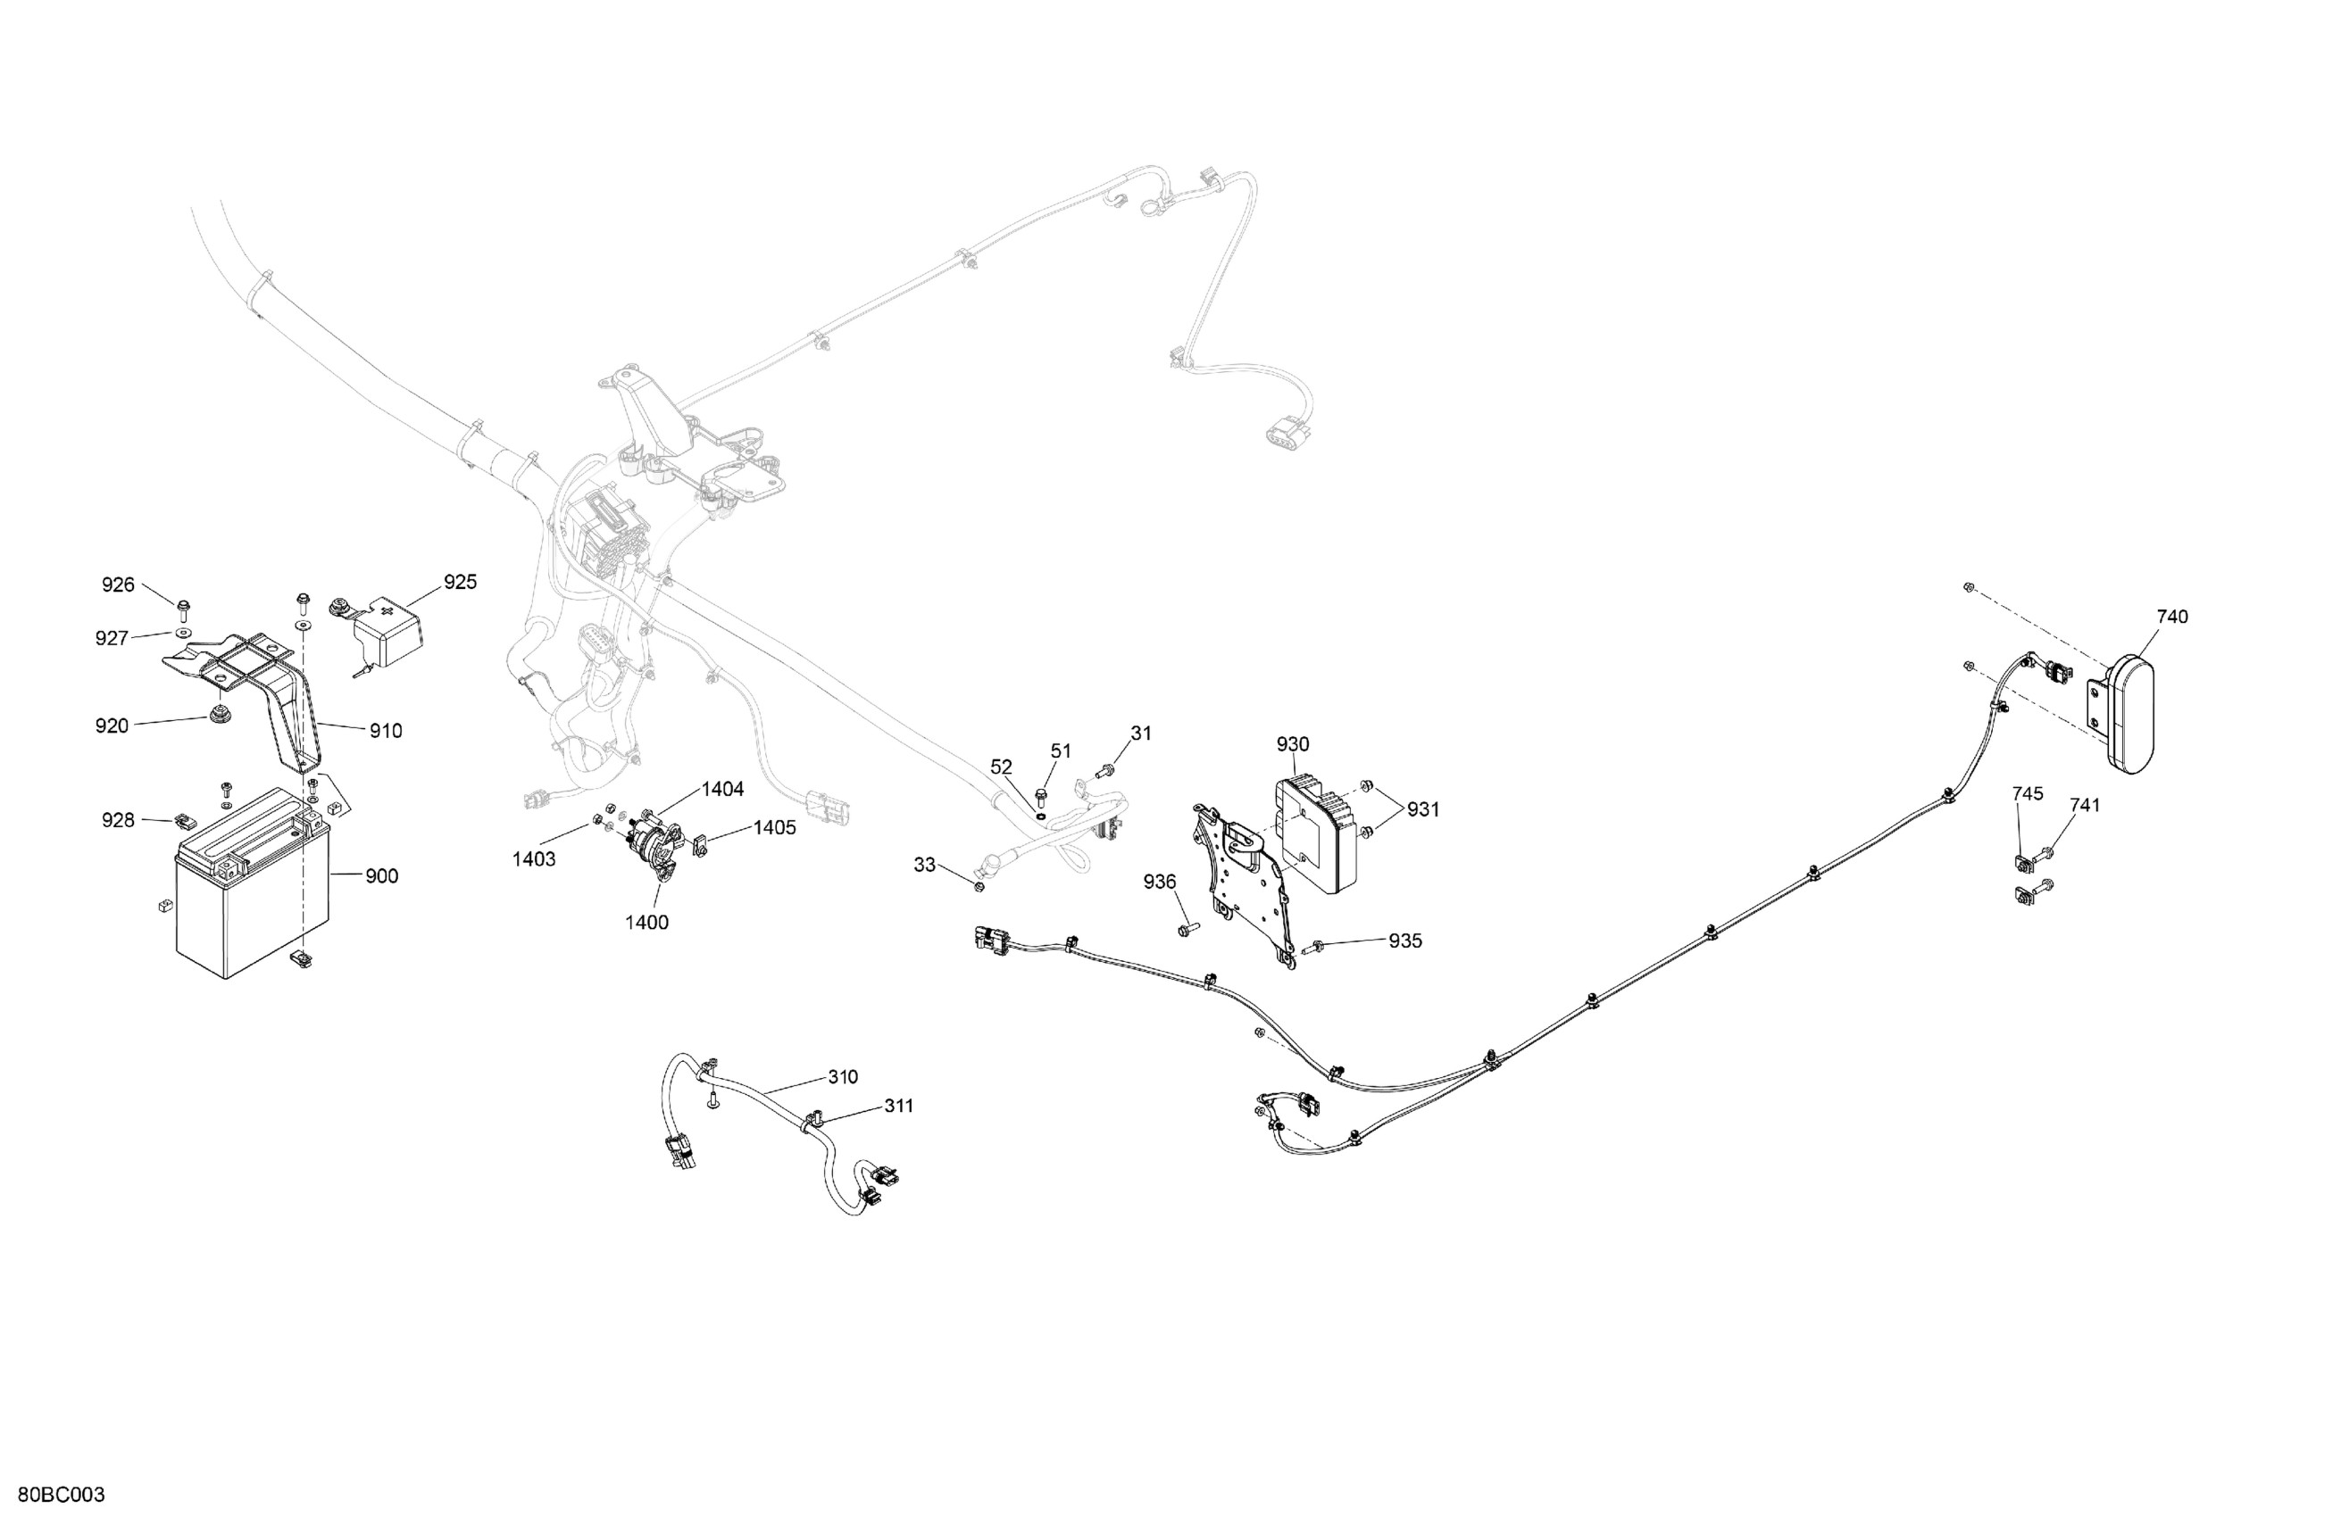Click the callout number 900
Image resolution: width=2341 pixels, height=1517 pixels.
[x=381, y=876]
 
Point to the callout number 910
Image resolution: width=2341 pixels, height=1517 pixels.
[x=386, y=731]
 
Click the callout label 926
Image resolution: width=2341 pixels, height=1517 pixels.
[x=118, y=585]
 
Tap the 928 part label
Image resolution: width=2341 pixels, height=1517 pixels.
[x=118, y=820]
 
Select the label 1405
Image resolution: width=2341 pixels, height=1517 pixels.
[x=775, y=828]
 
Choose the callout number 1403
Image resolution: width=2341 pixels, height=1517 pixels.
[x=534, y=859]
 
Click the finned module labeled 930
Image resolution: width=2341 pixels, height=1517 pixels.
[x=1318, y=846]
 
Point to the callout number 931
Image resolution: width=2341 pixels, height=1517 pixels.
[x=1422, y=809]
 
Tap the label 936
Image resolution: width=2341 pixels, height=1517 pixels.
[x=1160, y=882]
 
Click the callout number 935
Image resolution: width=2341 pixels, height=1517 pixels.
[x=1404, y=941]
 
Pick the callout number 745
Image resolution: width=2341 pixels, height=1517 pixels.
[x=2028, y=793]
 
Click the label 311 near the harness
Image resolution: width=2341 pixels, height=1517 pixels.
[x=898, y=1106]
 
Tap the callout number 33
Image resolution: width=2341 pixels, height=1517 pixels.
[x=925, y=866]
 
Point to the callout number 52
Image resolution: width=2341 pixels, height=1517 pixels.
[x=1002, y=767]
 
